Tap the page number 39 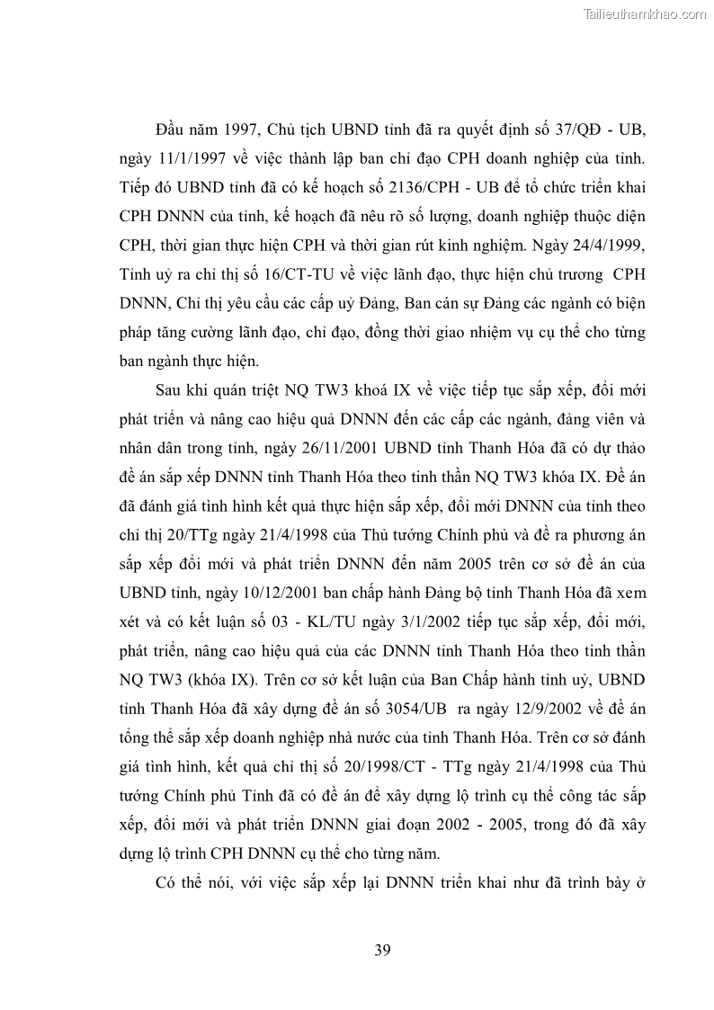tap(382, 950)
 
